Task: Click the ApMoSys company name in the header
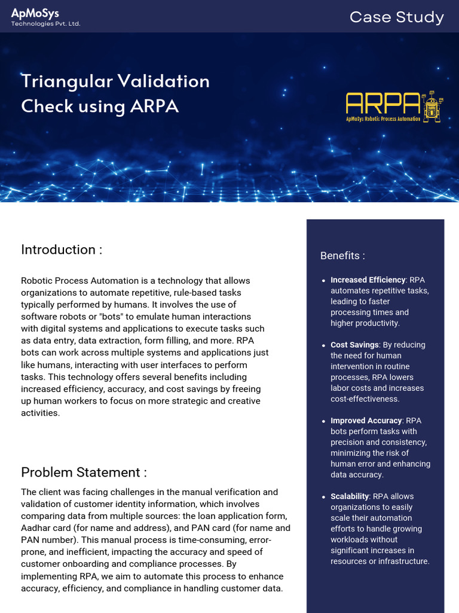(35, 13)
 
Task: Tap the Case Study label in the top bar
(396, 17)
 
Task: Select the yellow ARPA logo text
(382, 104)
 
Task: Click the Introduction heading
(62, 250)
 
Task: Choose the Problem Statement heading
(84, 472)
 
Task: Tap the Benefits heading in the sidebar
(342, 256)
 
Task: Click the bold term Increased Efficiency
(368, 280)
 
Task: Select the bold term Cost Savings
(354, 345)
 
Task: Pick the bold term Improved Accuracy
(366, 420)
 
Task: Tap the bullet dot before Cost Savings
(323, 345)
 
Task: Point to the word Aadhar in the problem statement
(35, 528)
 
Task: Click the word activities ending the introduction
(39, 413)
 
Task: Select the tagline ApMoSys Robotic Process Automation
(382, 119)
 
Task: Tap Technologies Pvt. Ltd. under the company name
(45, 23)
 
